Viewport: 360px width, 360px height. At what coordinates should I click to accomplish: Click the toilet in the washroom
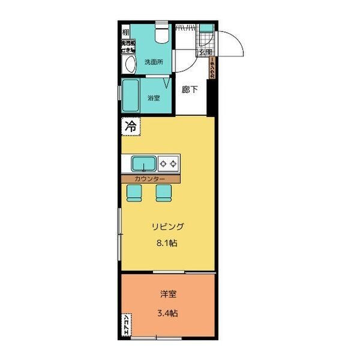(x=160, y=34)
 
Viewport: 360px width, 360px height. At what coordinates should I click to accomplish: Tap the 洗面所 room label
(x=155, y=62)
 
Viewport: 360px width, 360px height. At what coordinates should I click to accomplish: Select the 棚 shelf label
(x=126, y=32)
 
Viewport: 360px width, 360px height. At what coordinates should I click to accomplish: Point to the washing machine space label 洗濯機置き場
(x=127, y=47)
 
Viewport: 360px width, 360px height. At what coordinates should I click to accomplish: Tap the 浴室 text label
(x=154, y=98)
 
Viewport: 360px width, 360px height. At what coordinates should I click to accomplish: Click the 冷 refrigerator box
(x=130, y=127)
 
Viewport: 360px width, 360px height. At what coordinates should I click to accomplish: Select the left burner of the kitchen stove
(x=163, y=163)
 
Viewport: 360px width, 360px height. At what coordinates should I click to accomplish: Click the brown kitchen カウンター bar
(x=151, y=179)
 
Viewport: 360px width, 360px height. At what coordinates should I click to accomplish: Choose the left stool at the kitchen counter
(x=134, y=191)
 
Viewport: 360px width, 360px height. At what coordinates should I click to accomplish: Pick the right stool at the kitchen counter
(x=163, y=191)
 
